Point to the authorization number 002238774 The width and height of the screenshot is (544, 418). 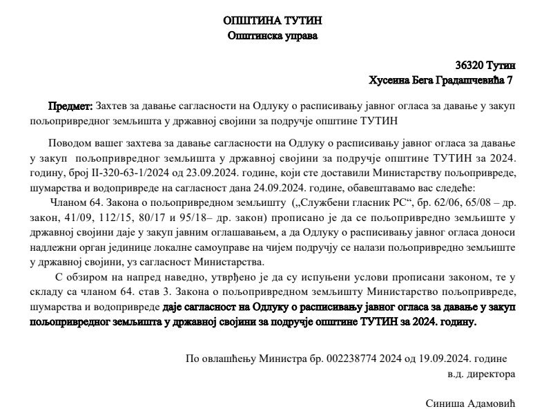(324, 359)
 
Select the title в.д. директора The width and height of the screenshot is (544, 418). (480, 373)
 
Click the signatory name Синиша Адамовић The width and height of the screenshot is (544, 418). (471, 403)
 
